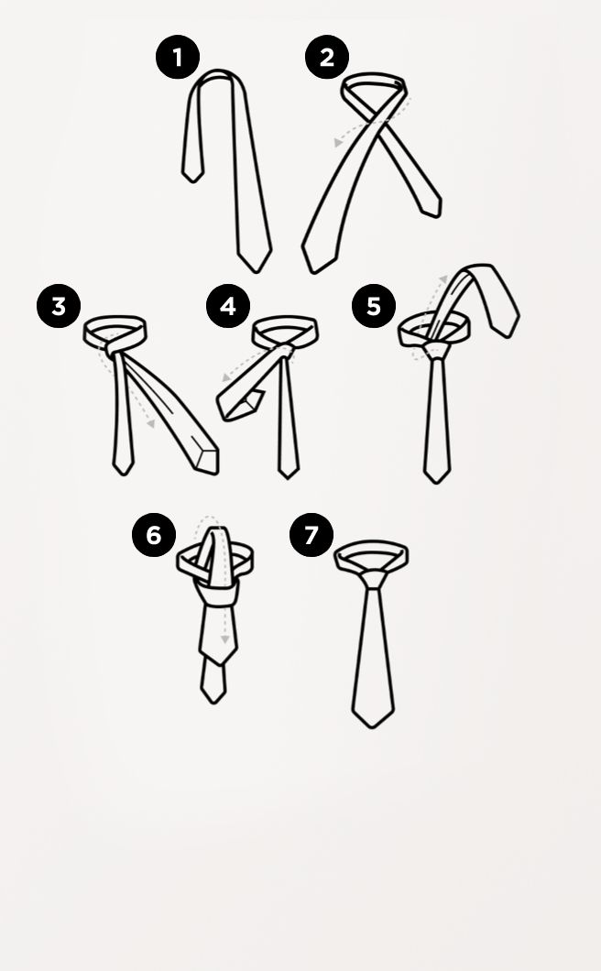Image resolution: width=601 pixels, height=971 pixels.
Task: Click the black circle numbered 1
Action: pos(178,57)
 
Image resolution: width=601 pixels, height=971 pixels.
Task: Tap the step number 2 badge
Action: pos(326,57)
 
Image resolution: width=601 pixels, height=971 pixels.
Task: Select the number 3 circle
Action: pos(59,306)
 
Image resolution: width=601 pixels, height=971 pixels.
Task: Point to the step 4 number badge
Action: pos(228,306)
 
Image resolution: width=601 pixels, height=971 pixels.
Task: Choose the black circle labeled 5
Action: pos(374,306)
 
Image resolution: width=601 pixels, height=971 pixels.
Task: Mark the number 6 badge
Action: pos(154,535)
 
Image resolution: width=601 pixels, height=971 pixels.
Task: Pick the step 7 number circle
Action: pos(311,535)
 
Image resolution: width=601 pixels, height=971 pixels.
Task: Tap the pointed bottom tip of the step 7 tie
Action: pos(372,727)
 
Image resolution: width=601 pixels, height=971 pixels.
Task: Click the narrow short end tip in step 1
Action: pos(192,181)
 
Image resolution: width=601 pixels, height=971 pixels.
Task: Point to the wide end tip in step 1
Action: pos(255,271)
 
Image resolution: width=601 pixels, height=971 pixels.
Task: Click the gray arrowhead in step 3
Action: pos(150,423)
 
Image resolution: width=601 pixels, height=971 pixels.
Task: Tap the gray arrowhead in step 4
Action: pos(226,377)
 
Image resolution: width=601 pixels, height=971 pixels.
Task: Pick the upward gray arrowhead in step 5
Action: pos(443,279)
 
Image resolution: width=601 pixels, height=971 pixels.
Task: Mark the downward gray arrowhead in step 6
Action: pos(224,638)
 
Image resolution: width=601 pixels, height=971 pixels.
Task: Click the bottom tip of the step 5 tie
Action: pos(437,483)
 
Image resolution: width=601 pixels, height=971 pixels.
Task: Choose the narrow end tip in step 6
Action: pos(213,703)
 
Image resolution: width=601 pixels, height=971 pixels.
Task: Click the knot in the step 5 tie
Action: pos(436,351)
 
